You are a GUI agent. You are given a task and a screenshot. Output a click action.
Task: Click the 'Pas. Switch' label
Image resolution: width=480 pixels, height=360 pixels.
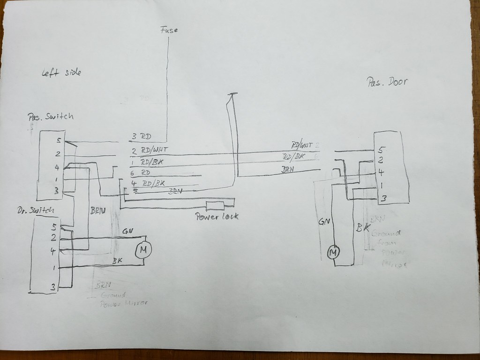click(x=50, y=117)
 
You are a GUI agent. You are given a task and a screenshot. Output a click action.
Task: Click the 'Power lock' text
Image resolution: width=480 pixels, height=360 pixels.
click(x=217, y=216)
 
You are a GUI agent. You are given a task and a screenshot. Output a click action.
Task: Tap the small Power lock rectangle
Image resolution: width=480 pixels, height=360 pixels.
click(x=216, y=205)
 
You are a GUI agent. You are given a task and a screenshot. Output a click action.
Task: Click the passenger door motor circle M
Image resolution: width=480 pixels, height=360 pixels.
click(x=333, y=253)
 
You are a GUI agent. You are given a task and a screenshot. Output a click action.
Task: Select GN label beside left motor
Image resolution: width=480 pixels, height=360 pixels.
click(x=127, y=231)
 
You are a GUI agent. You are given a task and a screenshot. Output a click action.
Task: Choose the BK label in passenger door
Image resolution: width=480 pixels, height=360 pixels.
click(x=361, y=228)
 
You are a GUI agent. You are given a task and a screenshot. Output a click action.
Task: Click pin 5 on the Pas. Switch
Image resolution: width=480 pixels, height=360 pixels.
click(x=58, y=140)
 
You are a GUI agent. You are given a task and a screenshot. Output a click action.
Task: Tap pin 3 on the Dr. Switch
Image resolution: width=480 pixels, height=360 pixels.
click(x=53, y=286)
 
